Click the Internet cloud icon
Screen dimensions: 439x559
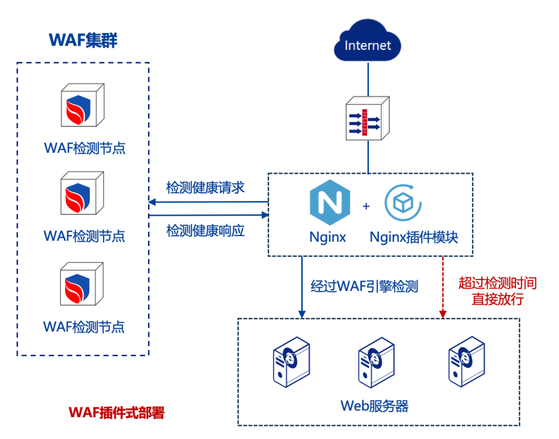tap(368, 43)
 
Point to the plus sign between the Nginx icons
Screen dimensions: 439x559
tap(366, 206)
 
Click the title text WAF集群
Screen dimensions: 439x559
tap(83, 40)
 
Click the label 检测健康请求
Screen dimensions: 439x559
tap(205, 187)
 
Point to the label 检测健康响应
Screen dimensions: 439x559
tap(205, 230)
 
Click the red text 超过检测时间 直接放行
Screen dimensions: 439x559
tap(497, 291)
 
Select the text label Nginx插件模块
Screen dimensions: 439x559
tap(414, 237)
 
